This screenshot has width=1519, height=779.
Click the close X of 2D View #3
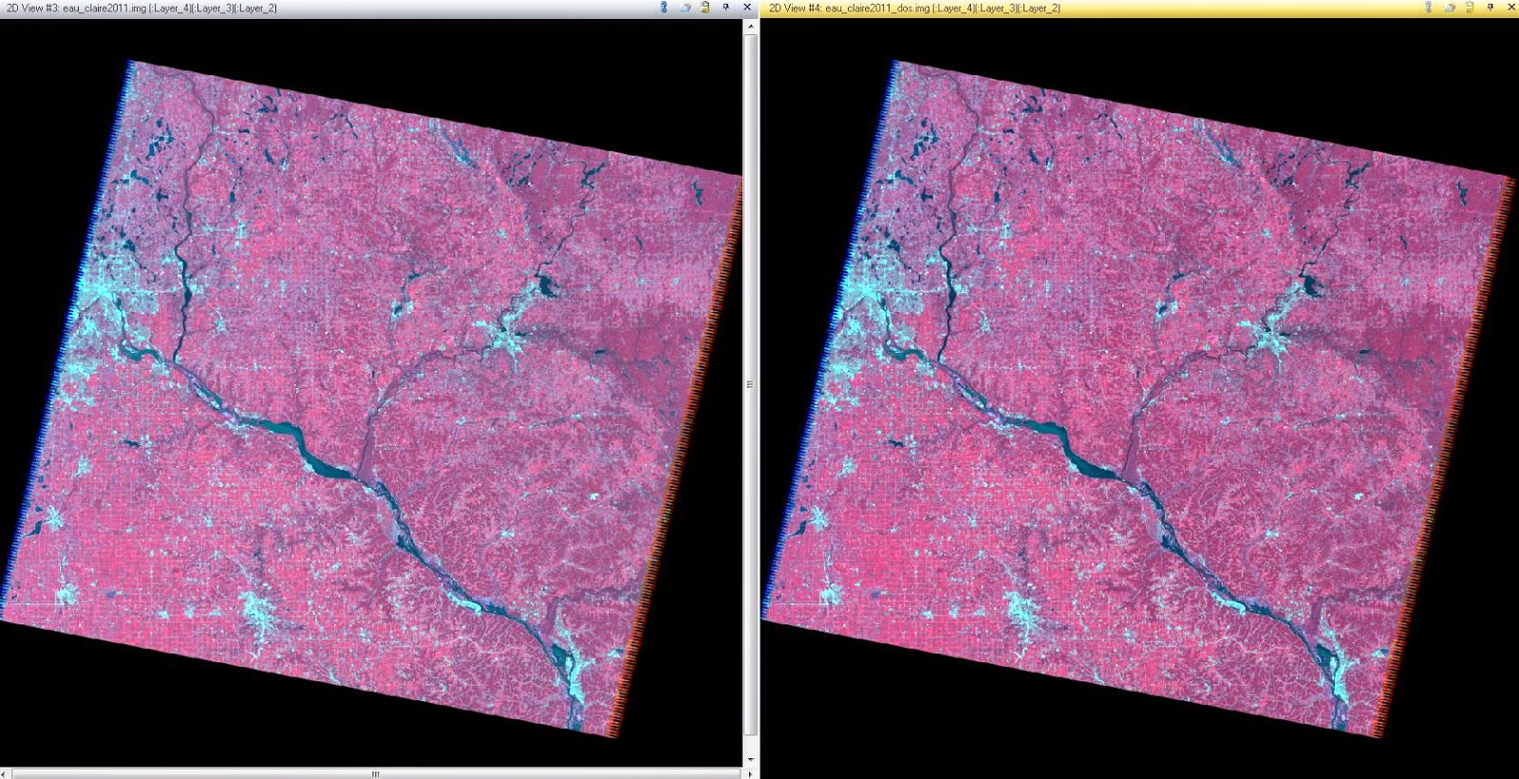click(x=746, y=8)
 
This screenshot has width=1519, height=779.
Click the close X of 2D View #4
click(x=1511, y=8)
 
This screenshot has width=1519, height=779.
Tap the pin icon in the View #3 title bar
click(x=725, y=8)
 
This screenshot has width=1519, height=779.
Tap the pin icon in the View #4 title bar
click(x=1491, y=8)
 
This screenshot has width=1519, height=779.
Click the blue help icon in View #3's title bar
click(x=664, y=8)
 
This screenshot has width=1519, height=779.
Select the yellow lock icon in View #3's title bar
click(x=704, y=8)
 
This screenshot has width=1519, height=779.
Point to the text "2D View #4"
click(x=794, y=9)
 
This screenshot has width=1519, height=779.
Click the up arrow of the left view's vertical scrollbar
click(x=751, y=27)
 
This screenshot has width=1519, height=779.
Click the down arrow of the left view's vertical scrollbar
click(x=751, y=759)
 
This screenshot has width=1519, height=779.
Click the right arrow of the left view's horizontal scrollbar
click(x=751, y=774)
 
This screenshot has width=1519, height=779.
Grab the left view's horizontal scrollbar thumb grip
click(x=375, y=774)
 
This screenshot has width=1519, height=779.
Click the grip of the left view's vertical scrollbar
click(x=751, y=384)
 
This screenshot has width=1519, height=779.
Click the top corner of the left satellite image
click(x=130, y=61)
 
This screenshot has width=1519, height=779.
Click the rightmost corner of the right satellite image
click(x=1514, y=177)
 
